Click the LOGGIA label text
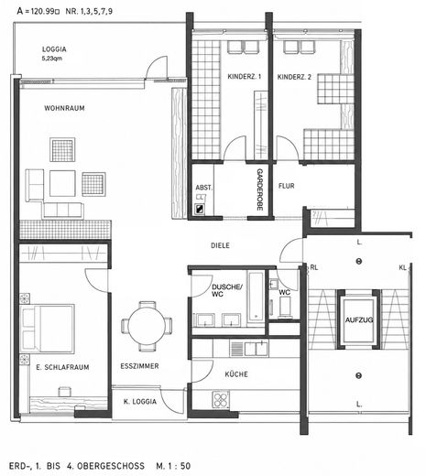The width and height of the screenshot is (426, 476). [x=54, y=49]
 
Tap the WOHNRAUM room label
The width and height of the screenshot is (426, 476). [x=64, y=108]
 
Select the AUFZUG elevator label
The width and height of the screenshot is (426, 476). [x=359, y=319]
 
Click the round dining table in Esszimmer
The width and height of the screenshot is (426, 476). [x=147, y=326]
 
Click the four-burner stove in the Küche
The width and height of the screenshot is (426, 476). [x=221, y=399]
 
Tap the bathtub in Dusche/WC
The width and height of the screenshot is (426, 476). [x=256, y=297]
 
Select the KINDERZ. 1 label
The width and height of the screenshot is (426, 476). [x=245, y=77]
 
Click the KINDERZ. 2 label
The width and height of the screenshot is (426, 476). [x=294, y=77]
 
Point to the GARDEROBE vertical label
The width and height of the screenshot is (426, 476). [x=259, y=189]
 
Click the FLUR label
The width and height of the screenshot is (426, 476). [x=287, y=186]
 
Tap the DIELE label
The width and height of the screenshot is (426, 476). [x=220, y=245]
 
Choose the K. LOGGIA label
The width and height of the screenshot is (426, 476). [x=140, y=402]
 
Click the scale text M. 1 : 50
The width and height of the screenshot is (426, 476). [x=173, y=466]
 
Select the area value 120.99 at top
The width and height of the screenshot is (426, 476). [x=42, y=12]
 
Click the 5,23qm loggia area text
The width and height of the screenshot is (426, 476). [x=52, y=58]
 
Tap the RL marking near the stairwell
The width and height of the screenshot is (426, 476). [x=314, y=267]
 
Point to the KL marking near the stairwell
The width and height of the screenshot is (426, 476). [x=403, y=267]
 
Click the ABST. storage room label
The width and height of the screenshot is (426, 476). [x=203, y=188]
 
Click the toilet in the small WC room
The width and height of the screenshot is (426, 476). [x=285, y=307]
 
